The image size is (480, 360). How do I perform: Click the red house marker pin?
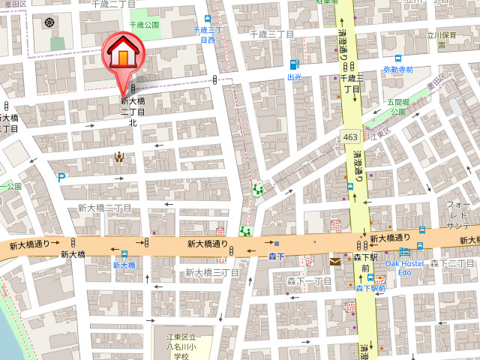click(120, 54)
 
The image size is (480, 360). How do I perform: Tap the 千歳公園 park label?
click(144, 25)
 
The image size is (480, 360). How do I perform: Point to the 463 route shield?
click(350, 136)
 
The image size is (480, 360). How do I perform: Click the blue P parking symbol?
click(61, 178)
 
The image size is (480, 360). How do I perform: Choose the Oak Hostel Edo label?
click(406, 268)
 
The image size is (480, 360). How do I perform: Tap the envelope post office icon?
click(334, 262)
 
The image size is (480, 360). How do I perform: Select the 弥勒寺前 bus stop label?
click(397, 70)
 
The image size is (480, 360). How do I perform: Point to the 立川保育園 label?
click(442, 34)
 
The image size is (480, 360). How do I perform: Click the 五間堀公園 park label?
click(397, 106)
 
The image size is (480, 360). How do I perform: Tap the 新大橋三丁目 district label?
click(212, 272)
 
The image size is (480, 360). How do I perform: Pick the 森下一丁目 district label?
click(309, 280)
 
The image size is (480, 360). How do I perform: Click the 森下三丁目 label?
click(453, 263)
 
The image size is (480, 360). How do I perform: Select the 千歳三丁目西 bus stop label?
click(208, 34)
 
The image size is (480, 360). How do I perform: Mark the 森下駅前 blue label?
click(370, 288)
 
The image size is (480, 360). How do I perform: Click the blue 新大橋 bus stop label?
click(124, 265)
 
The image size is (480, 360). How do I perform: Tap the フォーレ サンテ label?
click(458, 214)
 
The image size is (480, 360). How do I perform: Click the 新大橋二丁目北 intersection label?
click(133, 111)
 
